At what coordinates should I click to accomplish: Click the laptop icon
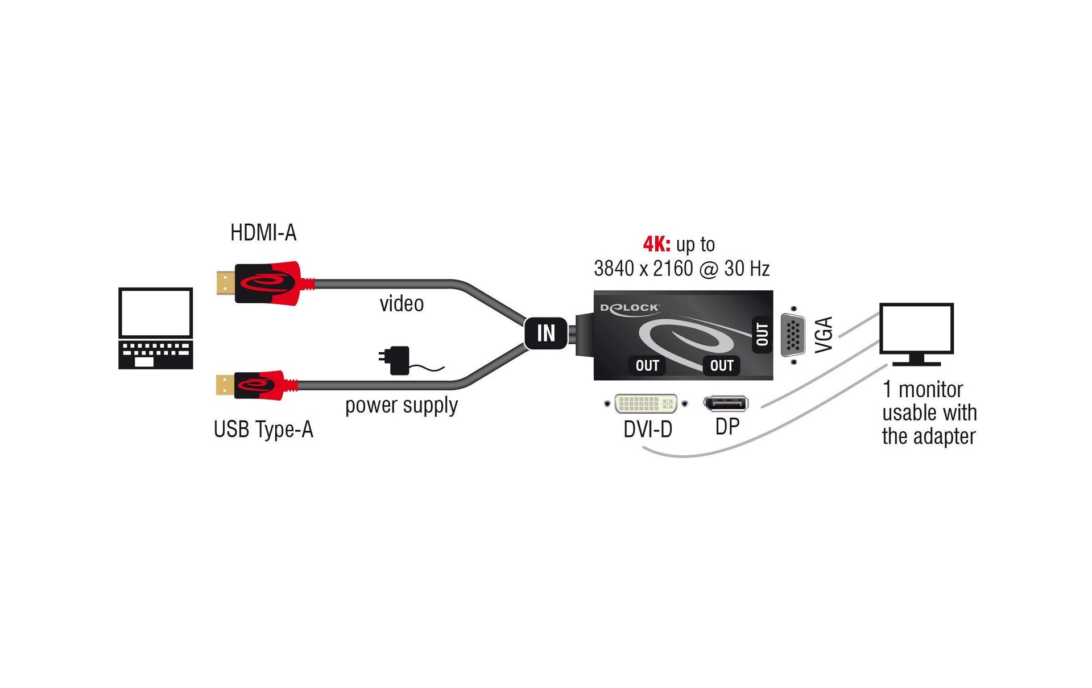coord(155,328)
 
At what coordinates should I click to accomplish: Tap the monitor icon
coord(916,333)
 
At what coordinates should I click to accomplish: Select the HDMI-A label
coord(263,233)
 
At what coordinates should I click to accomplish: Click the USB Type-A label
coord(263,429)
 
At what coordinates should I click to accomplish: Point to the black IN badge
coord(546,333)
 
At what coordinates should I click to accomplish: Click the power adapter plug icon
coord(396,360)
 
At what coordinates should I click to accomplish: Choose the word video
coord(402,304)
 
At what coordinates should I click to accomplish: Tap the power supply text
coord(402,405)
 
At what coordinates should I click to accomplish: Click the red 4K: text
coord(656,244)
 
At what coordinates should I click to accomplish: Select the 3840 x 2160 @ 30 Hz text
coord(681,269)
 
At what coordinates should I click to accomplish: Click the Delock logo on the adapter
coord(630,308)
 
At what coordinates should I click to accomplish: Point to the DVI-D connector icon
coord(646,403)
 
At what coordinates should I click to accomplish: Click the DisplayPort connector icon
coord(726,403)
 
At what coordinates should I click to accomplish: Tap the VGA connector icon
coord(793,335)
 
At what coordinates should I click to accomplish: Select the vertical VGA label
coord(824,335)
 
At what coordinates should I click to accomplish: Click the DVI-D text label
coord(648,429)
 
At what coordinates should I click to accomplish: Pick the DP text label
coord(727,426)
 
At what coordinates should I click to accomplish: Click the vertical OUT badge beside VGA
coord(762,335)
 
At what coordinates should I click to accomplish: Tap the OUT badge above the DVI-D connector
coord(647,365)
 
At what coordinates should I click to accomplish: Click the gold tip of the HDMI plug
coord(225,283)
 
